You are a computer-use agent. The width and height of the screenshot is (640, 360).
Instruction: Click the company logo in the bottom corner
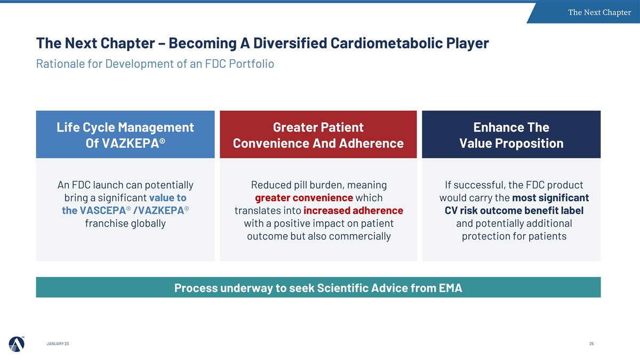pyautogui.click(x=17, y=343)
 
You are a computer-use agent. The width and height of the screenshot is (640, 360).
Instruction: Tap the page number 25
pyautogui.click(x=591, y=343)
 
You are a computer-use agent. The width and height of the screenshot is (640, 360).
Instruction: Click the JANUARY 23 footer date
pyautogui.click(x=58, y=343)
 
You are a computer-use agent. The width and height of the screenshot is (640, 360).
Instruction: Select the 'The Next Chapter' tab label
pyautogui.click(x=599, y=12)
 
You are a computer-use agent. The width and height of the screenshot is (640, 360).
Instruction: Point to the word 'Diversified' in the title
pyautogui.click(x=290, y=43)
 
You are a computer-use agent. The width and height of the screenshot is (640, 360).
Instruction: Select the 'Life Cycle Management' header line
pyautogui.click(x=125, y=127)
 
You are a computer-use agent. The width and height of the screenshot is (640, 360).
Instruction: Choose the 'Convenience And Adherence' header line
pyautogui.click(x=318, y=143)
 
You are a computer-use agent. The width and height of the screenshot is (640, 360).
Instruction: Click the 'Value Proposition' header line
pyautogui.click(x=511, y=143)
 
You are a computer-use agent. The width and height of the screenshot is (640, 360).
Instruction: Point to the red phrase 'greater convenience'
pyautogui.click(x=304, y=198)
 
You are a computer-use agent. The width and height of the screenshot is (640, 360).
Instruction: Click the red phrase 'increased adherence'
pyautogui.click(x=353, y=211)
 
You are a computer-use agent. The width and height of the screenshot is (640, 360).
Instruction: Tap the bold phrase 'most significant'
pyautogui.click(x=550, y=198)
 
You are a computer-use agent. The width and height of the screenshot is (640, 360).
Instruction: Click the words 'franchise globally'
pyautogui.click(x=125, y=223)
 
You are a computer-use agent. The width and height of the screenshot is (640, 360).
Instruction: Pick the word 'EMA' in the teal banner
pyautogui.click(x=451, y=287)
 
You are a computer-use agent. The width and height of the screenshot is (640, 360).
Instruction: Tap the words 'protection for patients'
pyautogui.click(x=514, y=236)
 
